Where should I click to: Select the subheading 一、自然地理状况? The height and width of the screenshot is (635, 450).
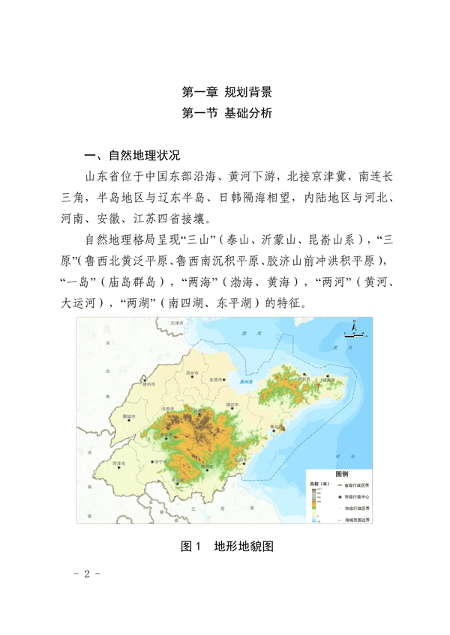tap(133, 156)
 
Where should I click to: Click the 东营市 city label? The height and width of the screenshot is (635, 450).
tap(216, 380)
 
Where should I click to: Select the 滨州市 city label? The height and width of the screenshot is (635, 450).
tap(192, 373)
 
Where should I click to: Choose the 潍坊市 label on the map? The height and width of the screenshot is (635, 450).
tap(232, 405)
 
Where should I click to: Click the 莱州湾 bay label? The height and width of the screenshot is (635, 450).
tap(243, 380)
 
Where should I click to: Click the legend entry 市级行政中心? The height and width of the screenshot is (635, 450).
tap(353, 496)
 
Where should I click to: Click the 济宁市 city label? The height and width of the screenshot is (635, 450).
tap(159, 462)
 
